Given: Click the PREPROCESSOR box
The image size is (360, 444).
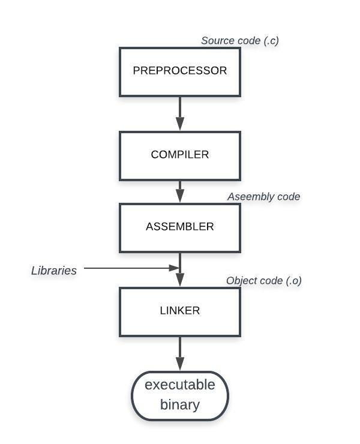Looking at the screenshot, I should [180, 71].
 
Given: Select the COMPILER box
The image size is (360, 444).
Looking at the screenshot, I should [180, 155].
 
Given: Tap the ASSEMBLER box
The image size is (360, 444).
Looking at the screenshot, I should [180, 227].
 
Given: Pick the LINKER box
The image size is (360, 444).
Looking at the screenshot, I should [180, 311].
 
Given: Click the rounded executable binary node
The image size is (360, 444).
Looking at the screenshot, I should [180, 395].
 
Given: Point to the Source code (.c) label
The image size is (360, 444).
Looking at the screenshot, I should [240, 41].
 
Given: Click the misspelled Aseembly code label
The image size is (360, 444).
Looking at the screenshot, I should [263, 197].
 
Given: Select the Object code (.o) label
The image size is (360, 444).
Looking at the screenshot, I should [263, 281].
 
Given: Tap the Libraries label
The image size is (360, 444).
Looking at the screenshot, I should [54, 271].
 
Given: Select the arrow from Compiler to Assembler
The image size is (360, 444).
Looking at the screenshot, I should [180, 191].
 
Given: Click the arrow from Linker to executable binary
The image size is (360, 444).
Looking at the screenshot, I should [180, 353].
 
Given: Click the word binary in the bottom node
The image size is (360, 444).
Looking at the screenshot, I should [180, 404].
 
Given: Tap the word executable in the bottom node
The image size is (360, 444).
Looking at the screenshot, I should [180, 385].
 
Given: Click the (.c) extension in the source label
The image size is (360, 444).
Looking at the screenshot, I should [271, 41].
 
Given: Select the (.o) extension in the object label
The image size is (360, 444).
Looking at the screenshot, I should [293, 281].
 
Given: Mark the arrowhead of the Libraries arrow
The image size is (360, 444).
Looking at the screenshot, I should [175, 268].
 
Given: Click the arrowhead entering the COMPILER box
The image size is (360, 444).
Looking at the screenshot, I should [180, 124].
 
